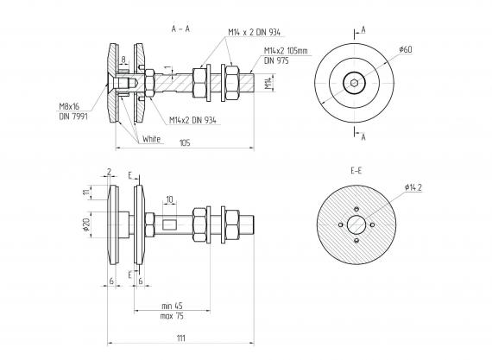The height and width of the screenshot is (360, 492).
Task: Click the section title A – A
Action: coord(180,28)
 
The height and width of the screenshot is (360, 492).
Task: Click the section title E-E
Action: coord(356,171)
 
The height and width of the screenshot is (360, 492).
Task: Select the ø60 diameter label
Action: coord(406,49)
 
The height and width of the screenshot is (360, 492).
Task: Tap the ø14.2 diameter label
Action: coord(413,187)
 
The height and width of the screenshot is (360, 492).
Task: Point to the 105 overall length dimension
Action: coord(185,143)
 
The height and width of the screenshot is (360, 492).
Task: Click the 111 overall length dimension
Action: coord(181,338)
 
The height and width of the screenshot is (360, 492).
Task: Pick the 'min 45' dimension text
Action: coord(172,306)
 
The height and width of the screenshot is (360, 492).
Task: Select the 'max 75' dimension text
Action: coord(172,316)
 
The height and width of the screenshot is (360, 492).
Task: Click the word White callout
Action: coord(152,139)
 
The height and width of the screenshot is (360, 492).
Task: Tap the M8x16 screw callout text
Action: coord(69,106)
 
